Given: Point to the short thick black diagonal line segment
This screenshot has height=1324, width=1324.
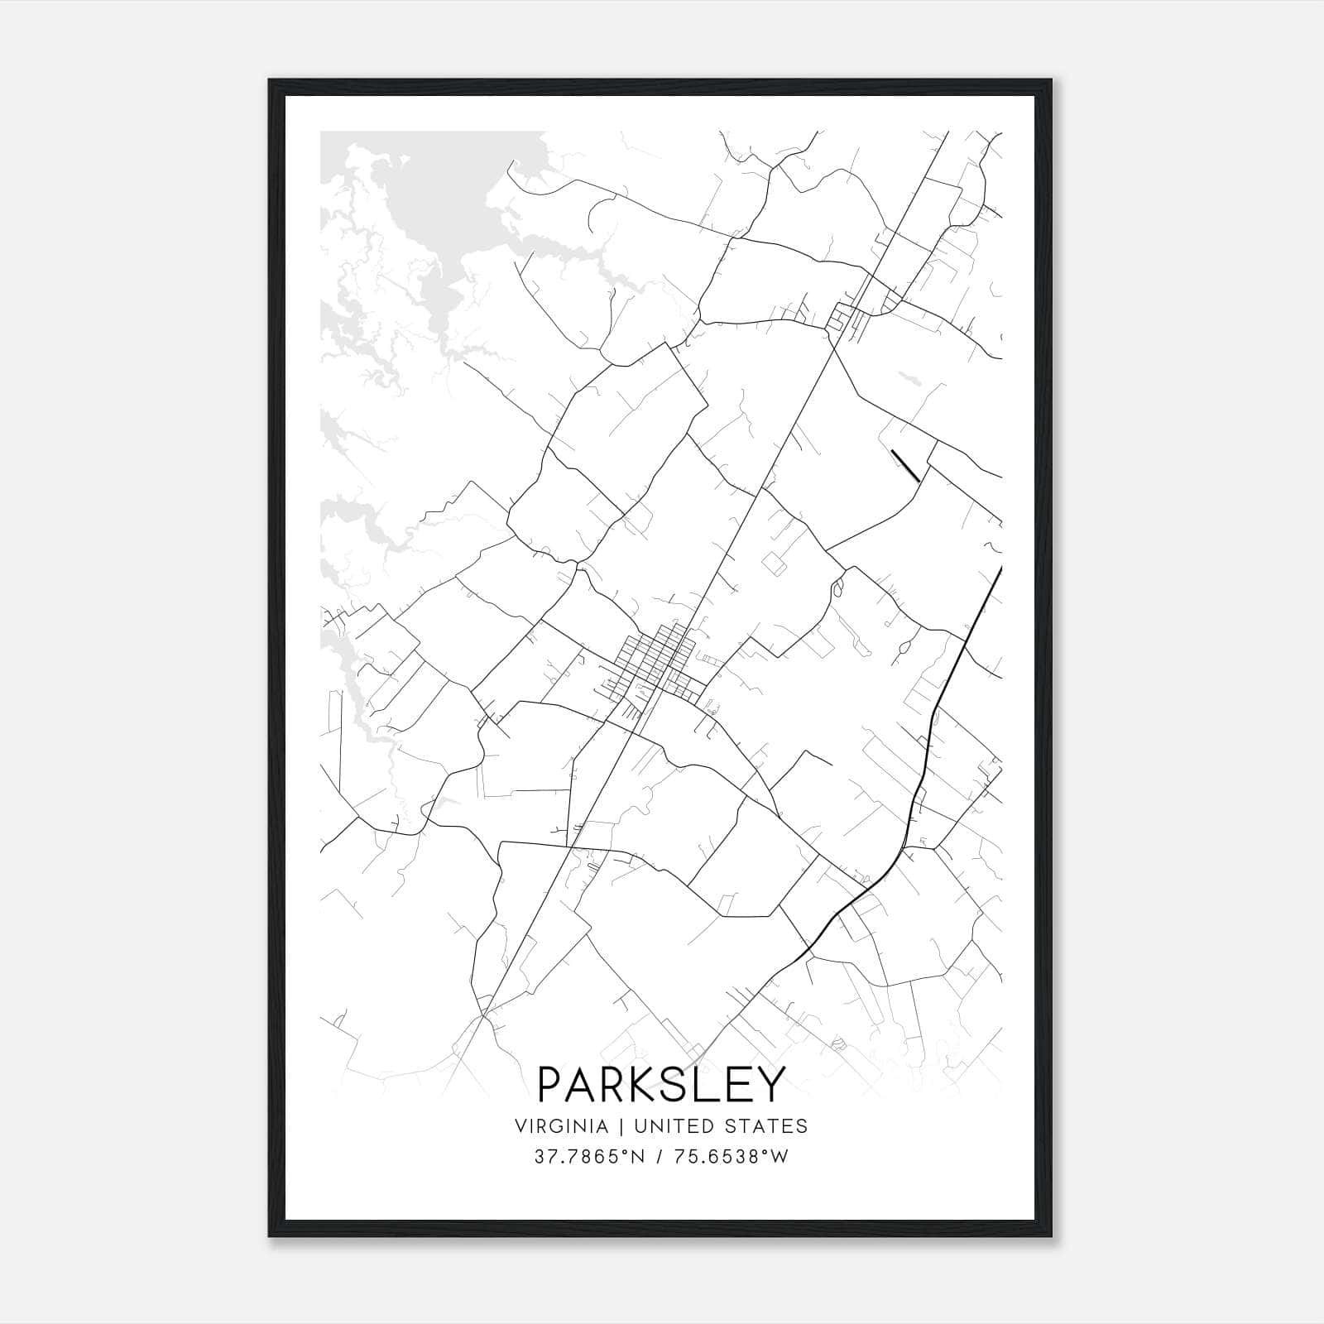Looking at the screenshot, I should click(905, 465).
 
